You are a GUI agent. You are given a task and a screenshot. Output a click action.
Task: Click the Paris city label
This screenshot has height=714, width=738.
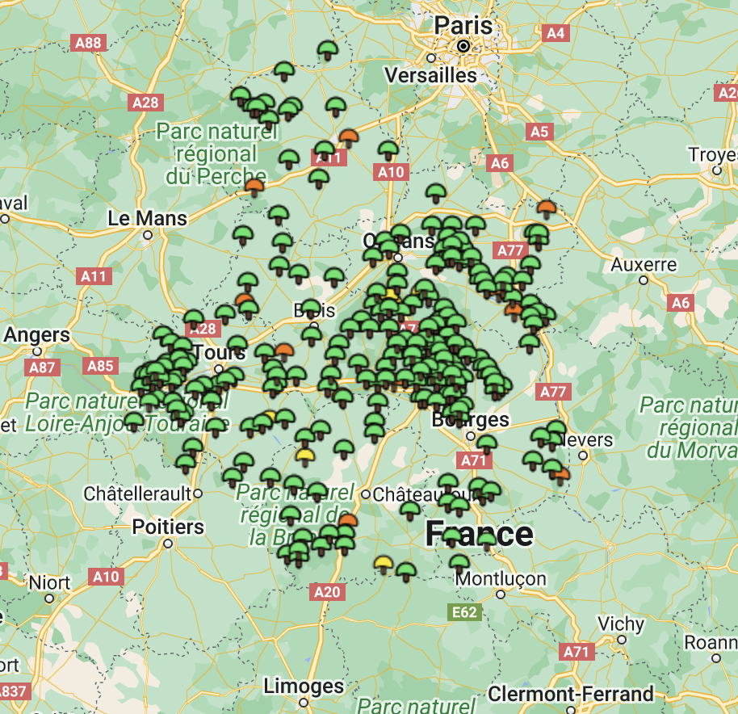pyautogui.click(x=463, y=24)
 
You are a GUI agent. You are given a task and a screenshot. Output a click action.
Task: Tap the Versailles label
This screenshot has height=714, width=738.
pyautogui.click(x=431, y=75)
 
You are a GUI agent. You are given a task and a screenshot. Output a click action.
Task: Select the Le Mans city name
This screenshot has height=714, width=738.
pyautogui.click(x=147, y=218)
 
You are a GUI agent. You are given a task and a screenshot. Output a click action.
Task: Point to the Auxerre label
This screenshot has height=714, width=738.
pyautogui.click(x=644, y=264)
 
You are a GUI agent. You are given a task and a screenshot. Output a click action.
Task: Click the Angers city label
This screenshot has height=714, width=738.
pyautogui.click(x=36, y=334)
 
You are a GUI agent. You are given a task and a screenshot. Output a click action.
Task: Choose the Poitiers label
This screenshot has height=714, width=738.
pyautogui.click(x=168, y=527)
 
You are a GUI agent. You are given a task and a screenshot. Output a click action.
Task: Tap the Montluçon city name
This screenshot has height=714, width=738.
pyautogui.click(x=501, y=579)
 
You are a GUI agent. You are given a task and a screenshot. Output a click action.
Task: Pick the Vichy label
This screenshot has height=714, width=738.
pyautogui.click(x=621, y=624)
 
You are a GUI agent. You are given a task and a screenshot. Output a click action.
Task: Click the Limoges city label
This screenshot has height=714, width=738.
pyautogui.click(x=304, y=687)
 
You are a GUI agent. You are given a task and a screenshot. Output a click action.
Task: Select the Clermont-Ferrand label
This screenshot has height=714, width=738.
pyautogui.click(x=571, y=694)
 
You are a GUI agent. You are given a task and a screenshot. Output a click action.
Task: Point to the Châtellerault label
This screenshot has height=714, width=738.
pyautogui.click(x=139, y=493)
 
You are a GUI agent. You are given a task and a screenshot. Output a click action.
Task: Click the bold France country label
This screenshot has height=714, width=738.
pyautogui.click(x=480, y=534)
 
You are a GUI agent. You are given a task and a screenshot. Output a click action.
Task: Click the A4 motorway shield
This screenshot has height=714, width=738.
pyautogui.click(x=556, y=33)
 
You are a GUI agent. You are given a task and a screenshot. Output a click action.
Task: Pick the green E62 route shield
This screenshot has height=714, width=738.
pyautogui.click(x=464, y=612)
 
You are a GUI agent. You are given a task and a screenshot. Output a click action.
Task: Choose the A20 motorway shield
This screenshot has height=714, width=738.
pyautogui.click(x=326, y=592)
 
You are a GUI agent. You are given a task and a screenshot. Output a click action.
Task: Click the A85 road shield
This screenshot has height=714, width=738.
pyautogui.click(x=100, y=367)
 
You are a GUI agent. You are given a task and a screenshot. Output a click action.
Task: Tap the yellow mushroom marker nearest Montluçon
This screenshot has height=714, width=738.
pyautogui.click(x=384, y=563)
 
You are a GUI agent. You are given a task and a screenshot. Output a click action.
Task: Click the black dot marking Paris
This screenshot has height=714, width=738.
pyautogui.click(x=463, y=47)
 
